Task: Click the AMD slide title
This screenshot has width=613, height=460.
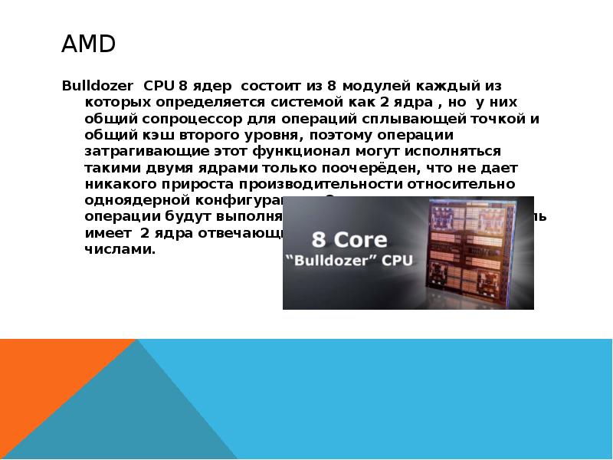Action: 88,45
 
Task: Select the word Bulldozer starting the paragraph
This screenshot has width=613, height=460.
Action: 96,84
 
